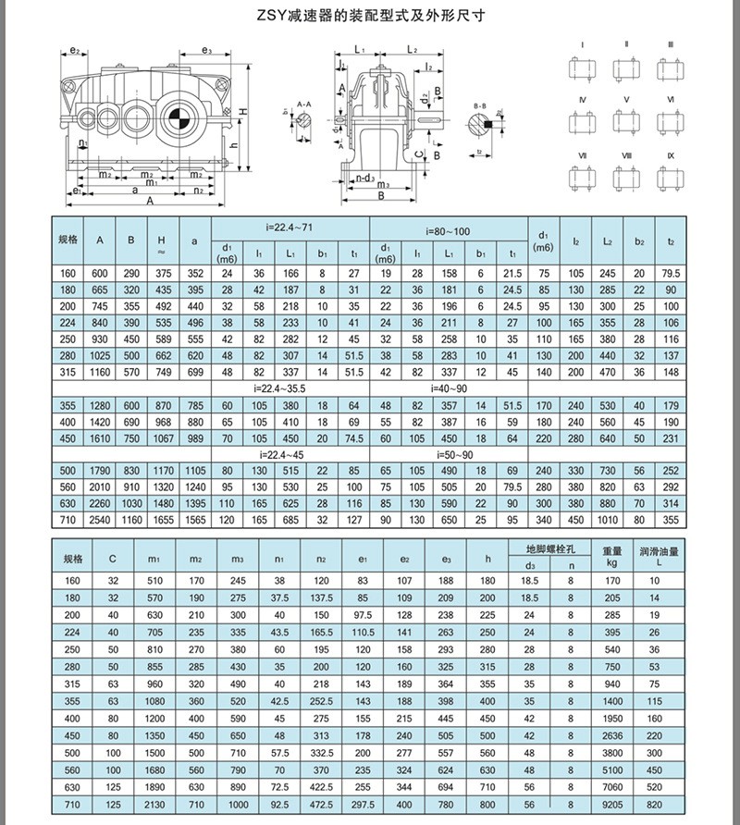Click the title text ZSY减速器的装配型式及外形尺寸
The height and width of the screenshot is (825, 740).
pos(370,16)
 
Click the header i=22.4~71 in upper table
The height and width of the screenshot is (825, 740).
pos(290,226)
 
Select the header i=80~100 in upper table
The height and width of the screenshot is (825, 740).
pos(448,226)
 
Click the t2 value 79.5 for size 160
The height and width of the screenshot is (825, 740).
pos(672,274)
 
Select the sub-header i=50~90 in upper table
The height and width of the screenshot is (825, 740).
pos(448,455)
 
